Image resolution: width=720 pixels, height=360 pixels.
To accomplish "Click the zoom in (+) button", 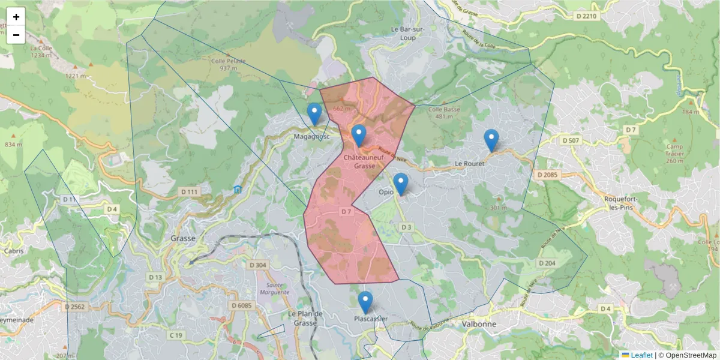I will [16, 17].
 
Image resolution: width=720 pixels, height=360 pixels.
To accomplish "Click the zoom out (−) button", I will [16, 35].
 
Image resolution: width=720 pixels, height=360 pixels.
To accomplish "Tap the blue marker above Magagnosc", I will [314, 113].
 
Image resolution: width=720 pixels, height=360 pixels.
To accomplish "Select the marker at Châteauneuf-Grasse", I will [359, 136].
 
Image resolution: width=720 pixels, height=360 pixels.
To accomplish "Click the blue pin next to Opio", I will [400, 184].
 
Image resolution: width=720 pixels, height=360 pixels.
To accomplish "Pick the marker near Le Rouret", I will [491, 140].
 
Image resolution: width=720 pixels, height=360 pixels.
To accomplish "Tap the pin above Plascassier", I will [365, 302].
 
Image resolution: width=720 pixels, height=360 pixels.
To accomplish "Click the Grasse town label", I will [183, 238].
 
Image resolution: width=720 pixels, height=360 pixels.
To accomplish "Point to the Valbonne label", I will [479, 323].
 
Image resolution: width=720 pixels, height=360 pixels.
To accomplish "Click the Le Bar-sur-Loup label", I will [411, 32].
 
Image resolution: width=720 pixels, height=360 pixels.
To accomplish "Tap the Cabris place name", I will [13, 251].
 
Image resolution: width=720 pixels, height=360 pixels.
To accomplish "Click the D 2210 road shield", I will [585, 16].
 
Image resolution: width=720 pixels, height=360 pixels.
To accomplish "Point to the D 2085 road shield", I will [547, 175].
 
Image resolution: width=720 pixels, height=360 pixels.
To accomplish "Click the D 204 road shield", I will [547, 263].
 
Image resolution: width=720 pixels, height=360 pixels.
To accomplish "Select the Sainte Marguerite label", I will [274, 289].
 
